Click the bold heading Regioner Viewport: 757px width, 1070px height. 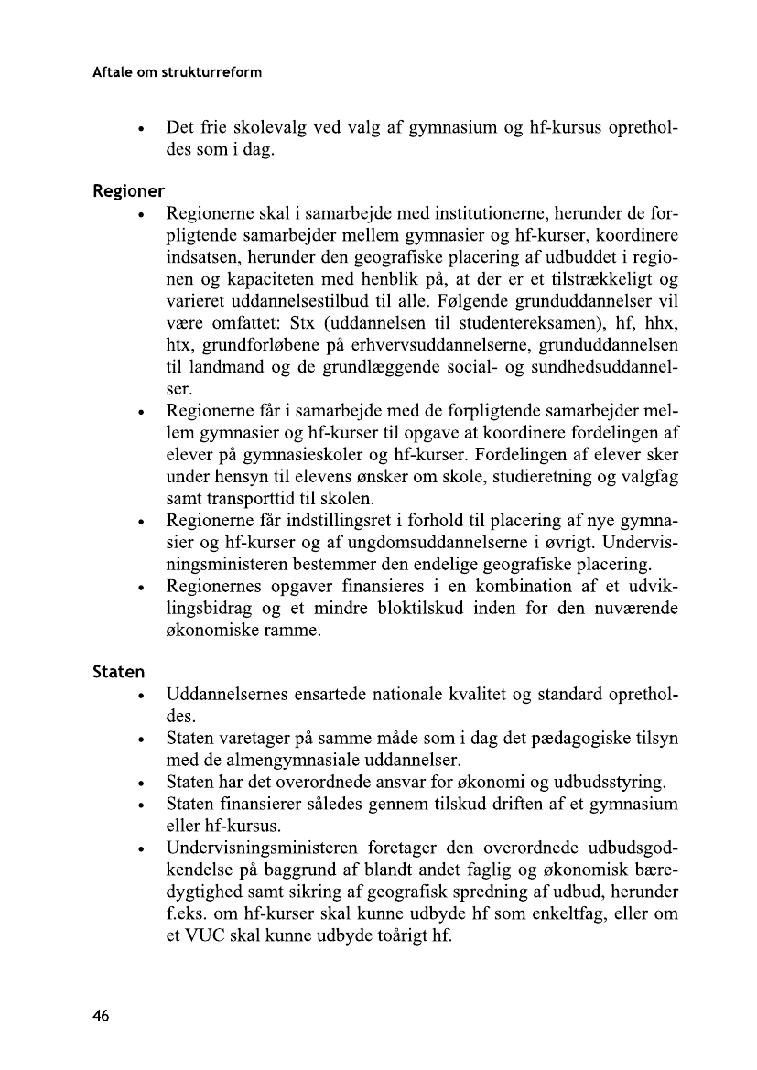pos(128,192)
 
